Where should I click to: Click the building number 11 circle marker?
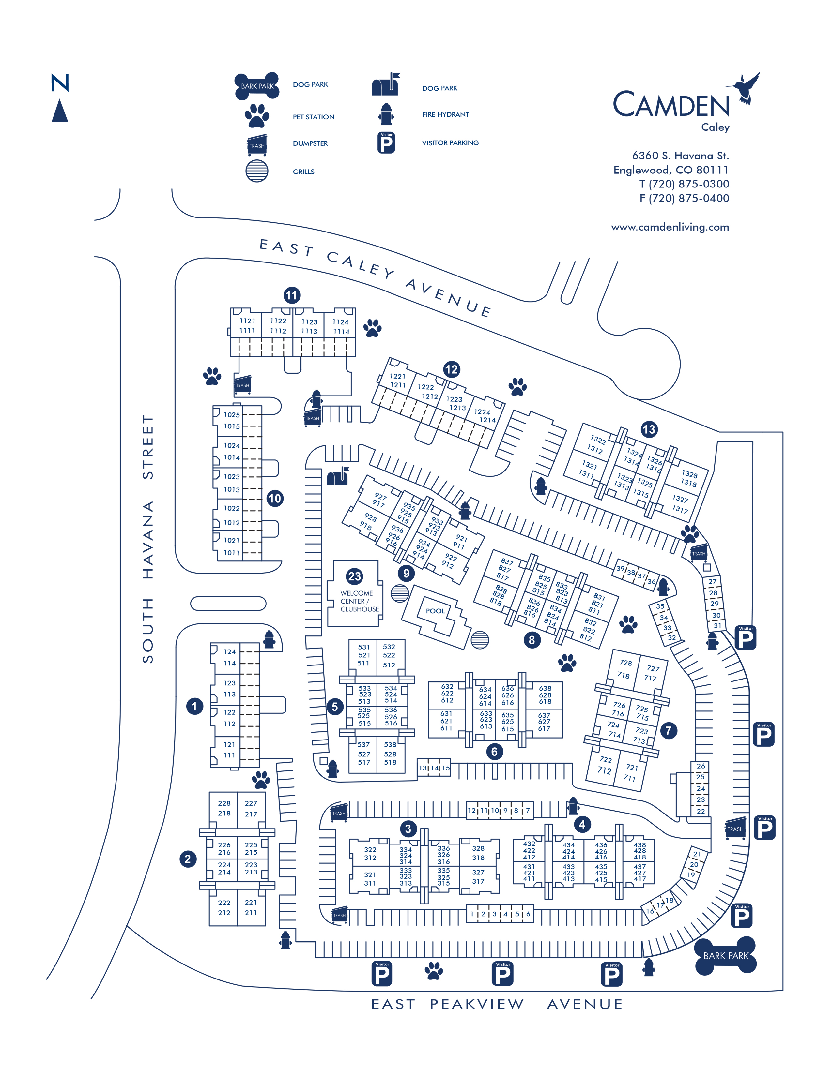(x=292, y=296)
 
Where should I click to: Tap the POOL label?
(x=435, y=611)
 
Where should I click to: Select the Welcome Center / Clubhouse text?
(x=359, y=601)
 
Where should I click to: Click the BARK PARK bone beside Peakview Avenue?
(x=726, y=956)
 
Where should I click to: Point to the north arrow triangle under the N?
(x=60, y=111)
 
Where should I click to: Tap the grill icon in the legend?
(x=257, y=171)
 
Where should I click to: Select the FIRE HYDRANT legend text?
(x=445, y=114)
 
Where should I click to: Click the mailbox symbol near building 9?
(x=338, y=476)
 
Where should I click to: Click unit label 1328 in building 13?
(x=689, y=474)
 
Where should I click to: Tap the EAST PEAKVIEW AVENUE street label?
(x=497, y=1004)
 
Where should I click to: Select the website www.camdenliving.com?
(x=670, y=227)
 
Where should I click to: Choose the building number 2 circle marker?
(x=188, y=859)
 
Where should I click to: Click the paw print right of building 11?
(x=372, y=328)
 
